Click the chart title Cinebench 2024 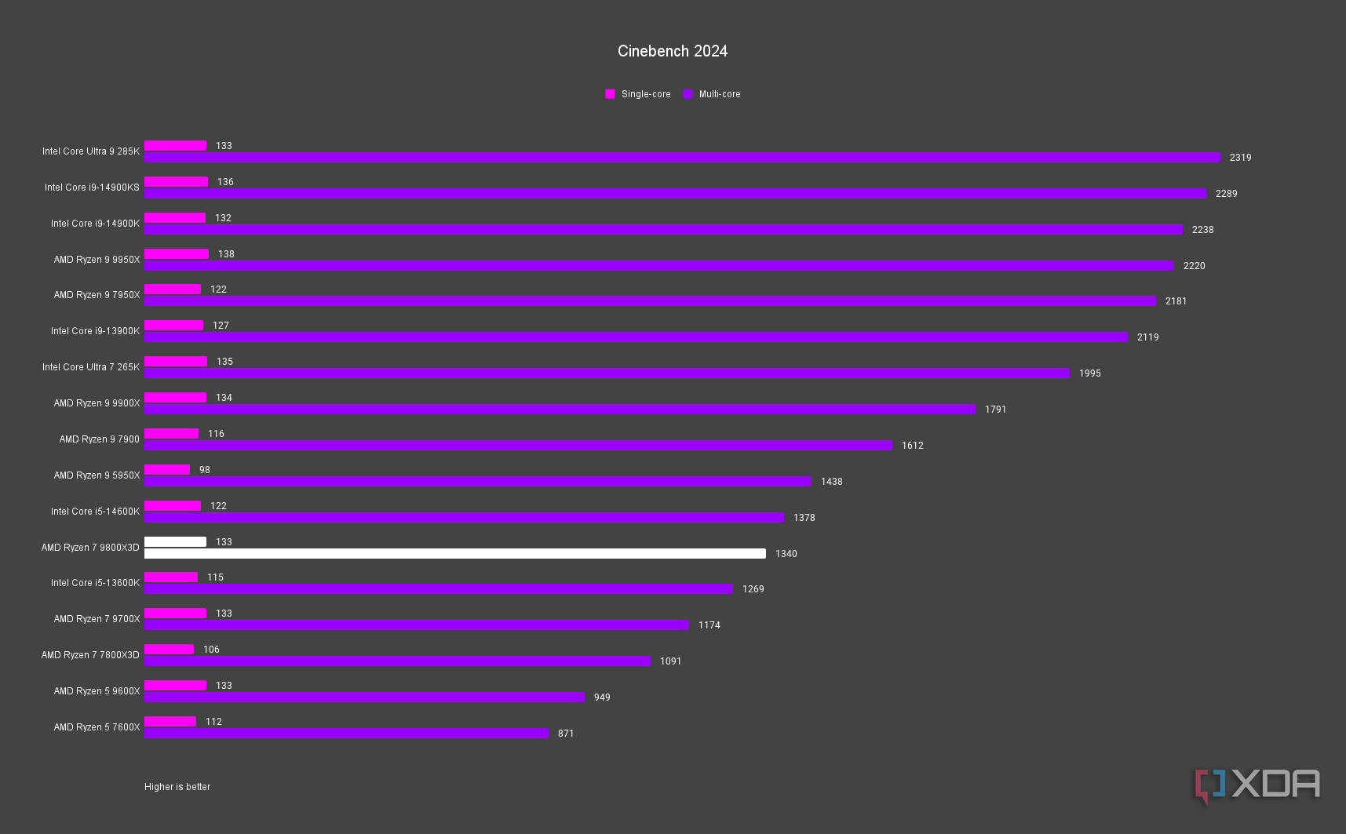pyautogui.click(x=673, y=51)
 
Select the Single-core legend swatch pyautogui.click(x=610, y=94)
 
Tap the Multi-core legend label pyautogui.click(x=719, y=94)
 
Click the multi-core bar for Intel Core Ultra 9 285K pyautogui.click(x=682, y=158)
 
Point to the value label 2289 pyautogui.click(x=1226, y=194)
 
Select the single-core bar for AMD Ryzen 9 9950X pyautogui.click(x=177, y=254)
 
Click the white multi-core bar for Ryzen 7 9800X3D pyautogui.click(x=455, y=554)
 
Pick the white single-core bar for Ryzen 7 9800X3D pyautogui.click(x=175, y=542)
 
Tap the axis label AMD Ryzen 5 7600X pyautogui.click(x=97, y=727)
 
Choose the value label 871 pyautogui.click(x=566, y=734)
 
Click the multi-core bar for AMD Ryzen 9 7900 pyautogui.click(x=518, y=446)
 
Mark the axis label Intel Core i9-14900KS pyautogui.click(x=92, y=188)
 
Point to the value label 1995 pyautogui.click(x=1089, y=373)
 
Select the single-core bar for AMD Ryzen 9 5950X pyautogui.click(x=167, y=470)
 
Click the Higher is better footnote pyautogui.click(x=177, y=787)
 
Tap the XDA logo pyautogui.click(x=1257, y=785)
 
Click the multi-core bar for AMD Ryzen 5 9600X pyautogui.click(x=364, y=697)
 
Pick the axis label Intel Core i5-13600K pyautogui.click(x=95, y=583)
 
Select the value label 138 pyautogui.click(x=226, y=254)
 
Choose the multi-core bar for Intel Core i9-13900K pyautogui.click(x=636, y=337)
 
